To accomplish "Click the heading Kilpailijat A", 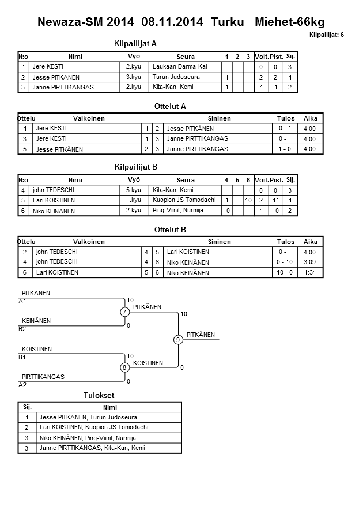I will pos(136,43).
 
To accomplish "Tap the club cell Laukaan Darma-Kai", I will pos(180,67).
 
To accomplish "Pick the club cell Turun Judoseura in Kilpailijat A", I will pos(176,77).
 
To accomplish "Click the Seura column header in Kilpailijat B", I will pos(186,180).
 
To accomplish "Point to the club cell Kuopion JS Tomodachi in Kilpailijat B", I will pos(184,200).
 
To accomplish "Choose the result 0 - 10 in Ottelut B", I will pos(285,262).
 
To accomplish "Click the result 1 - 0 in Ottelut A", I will pos(285,149).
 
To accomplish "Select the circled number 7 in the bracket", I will pos(124,312).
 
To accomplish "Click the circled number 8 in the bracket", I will pos(124,367).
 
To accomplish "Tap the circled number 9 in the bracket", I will pos(178,340).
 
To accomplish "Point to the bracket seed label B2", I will pos(22,329).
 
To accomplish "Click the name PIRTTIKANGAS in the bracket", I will pos(43,377).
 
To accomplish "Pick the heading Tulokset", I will pos(99,395).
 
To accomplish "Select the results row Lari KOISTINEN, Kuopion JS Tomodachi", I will pos(94,427).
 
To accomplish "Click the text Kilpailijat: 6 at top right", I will pos(326,35).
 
